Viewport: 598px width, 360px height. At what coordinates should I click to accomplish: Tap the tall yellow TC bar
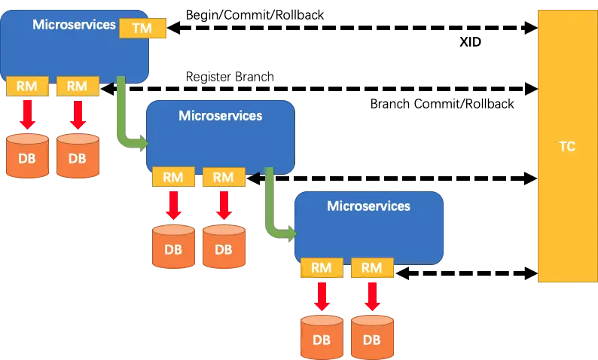pos(566,146)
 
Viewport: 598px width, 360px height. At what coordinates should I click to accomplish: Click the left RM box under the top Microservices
pos(27,87)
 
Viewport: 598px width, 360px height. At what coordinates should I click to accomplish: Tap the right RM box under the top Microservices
pos(78,87)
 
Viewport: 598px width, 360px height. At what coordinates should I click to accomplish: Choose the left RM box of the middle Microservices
pos(173,178)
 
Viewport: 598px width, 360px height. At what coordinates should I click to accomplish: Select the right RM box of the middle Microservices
pos(224,178)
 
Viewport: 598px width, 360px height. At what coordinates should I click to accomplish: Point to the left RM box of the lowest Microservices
pos(322,267)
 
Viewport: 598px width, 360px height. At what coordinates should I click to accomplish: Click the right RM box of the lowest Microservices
pos(372,267)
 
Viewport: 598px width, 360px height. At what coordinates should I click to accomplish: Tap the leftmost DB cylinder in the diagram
pos(27,157)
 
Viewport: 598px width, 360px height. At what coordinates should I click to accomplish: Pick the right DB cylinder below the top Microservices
pos(78,157)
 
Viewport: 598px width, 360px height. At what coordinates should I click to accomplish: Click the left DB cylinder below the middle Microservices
pos(173,247)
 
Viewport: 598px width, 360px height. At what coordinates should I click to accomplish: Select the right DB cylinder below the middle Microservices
pos(224,247)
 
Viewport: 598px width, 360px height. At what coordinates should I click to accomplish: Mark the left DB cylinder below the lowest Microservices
pos(322,337)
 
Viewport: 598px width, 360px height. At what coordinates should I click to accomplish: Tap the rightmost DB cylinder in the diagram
pos(372,337)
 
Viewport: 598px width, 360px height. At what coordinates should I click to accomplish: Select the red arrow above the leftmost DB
pos(27,114)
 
